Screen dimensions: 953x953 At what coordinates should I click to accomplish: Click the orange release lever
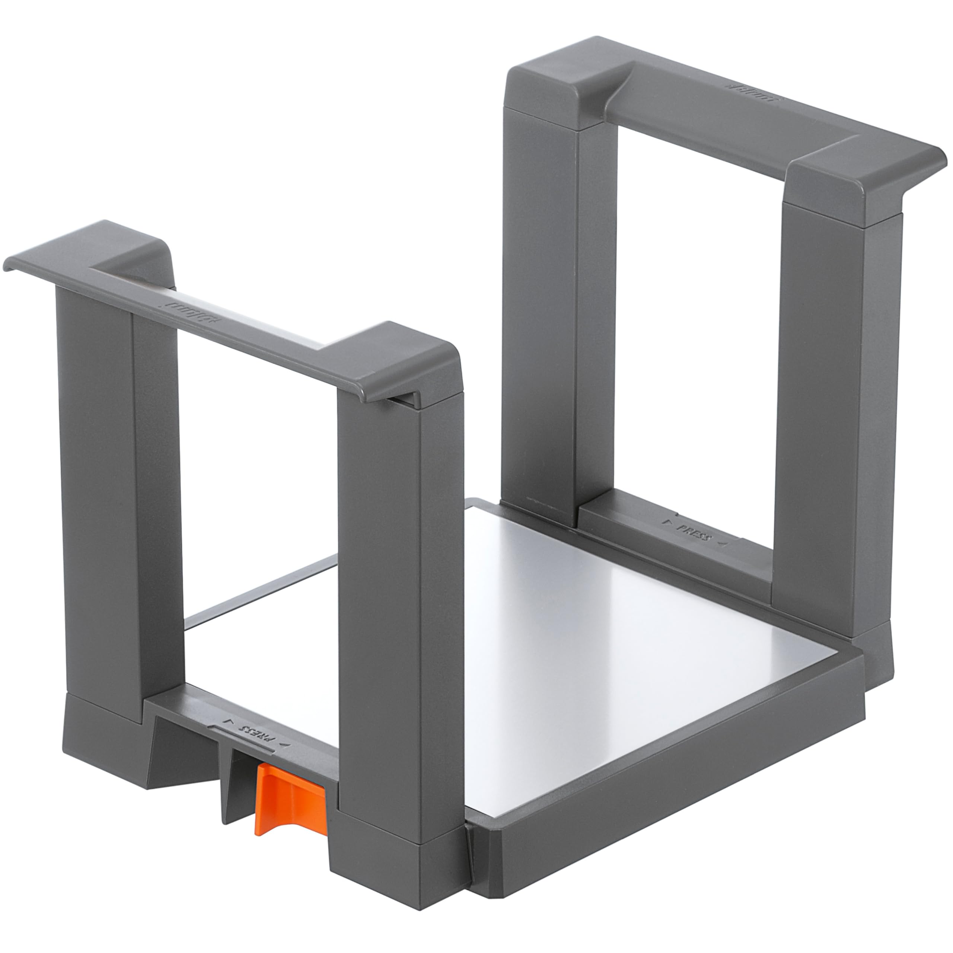[289, 800]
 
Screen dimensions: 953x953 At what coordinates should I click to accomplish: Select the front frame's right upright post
[402, 567]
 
